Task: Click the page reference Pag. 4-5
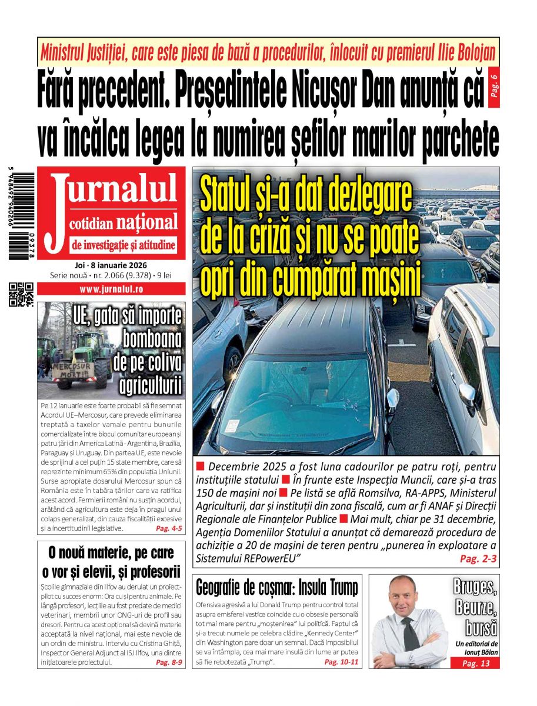point(169,528)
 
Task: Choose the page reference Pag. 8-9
point(169,662)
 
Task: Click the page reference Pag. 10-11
point(341,662)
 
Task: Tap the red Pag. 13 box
point(475,664)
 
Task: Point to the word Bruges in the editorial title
point(475,587)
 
